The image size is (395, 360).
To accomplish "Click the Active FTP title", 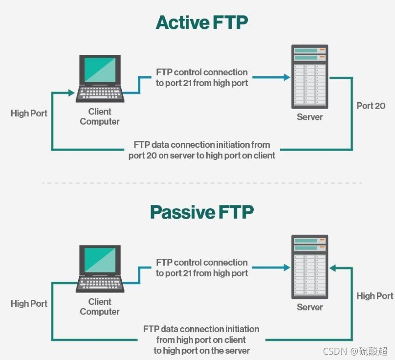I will tap(202, 22).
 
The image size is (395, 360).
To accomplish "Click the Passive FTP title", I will tap(202, 212).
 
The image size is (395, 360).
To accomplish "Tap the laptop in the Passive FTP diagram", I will tap(100, 269).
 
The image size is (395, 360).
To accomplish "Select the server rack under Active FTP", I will tap(310, 76).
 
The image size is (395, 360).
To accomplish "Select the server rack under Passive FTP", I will tap(310, 267).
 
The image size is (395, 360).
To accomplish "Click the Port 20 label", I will tap(371, 106).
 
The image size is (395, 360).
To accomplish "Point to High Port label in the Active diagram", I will tap(29, 113).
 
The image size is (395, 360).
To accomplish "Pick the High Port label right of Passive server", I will tap(374, 295).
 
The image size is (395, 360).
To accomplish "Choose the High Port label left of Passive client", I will tap(29, 303).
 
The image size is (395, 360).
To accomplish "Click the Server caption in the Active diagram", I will tap(310, 117).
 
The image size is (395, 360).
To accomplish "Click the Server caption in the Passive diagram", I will tap(310, 307).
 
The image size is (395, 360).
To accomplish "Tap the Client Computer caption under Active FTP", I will tap(100, 116).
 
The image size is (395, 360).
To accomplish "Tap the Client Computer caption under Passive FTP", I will tap(100, 307).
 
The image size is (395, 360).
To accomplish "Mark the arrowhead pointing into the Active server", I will tap(286, 77).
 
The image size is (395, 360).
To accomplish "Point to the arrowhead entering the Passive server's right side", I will tap(333, 268).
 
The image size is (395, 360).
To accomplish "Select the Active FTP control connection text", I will tap(202, 77).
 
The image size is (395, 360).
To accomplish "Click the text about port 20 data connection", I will tap(202, 150).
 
